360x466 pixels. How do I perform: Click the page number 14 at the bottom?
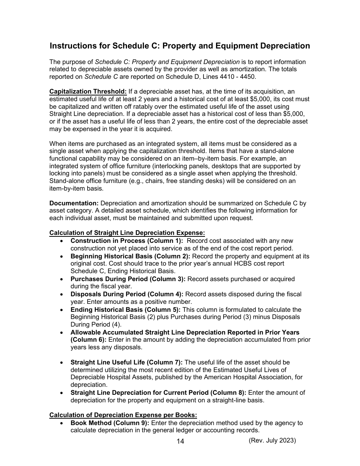tap(180, 441)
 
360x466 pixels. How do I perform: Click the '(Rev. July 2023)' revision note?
tap(272, 440)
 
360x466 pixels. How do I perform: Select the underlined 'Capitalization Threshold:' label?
tap(88, 92)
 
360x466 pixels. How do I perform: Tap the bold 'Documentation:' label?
tap(74, 203)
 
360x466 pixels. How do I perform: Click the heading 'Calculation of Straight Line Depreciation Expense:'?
tap(127, 233)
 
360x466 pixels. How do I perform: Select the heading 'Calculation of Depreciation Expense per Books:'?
tap(123, 415)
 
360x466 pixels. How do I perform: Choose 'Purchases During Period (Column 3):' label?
tap(128, 279)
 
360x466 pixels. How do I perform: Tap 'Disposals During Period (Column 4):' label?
tap(127, 294)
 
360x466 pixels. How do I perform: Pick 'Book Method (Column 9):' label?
tap(110, 423)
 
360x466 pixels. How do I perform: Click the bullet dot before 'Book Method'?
tap(62, 423)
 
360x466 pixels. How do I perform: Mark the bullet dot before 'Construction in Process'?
tap(62, 241)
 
